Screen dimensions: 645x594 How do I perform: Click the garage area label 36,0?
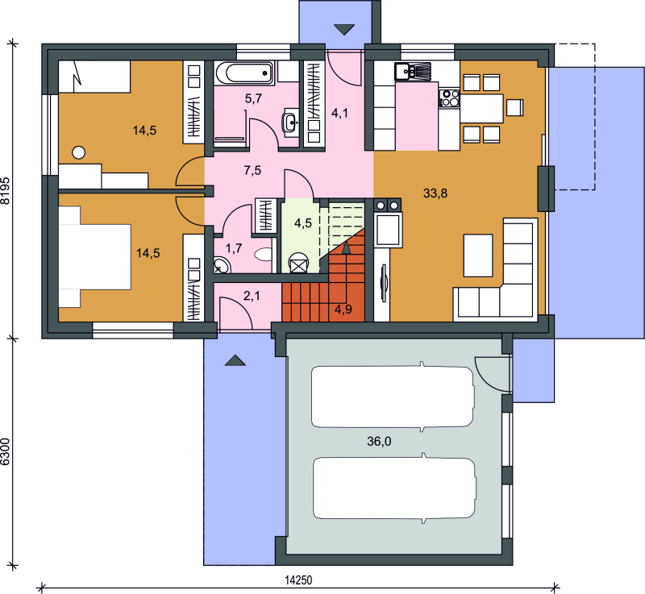379,442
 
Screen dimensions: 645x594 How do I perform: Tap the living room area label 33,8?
435,193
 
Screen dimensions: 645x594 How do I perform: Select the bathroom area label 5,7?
253,98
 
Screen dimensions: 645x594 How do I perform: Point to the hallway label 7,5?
252,170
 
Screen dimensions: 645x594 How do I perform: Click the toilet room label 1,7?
234,248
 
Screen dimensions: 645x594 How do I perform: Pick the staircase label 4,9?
343,309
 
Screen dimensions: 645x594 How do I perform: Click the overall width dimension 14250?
298,580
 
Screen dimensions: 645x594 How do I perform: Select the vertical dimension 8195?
6,191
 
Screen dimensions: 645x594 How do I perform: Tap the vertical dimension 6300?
6,452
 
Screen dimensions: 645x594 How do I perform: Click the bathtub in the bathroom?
244,73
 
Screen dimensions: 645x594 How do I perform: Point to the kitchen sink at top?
413,72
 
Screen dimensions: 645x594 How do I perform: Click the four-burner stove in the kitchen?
449,98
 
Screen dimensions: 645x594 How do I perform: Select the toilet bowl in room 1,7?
264,255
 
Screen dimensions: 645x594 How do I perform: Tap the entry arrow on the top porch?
344,30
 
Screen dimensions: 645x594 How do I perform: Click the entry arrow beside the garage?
235,360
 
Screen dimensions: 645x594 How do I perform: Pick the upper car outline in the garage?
393,397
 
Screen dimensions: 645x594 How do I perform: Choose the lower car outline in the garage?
394,488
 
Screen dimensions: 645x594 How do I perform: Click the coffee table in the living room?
478,255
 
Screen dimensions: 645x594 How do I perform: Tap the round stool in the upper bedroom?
78,153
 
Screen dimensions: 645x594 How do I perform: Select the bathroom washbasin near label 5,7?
291,122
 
